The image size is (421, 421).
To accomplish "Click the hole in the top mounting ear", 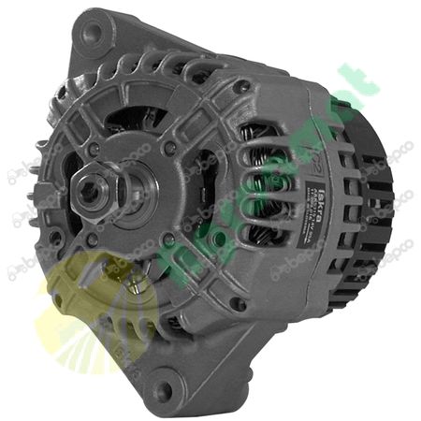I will coord(91,33).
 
